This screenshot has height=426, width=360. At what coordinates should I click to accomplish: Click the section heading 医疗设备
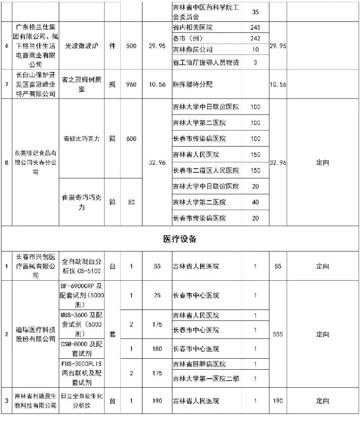[180, 239]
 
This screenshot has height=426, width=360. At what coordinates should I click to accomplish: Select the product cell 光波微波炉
[81, 46]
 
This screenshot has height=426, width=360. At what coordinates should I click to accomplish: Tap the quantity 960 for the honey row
[132, 84]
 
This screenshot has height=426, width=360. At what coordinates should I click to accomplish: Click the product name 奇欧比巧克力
[81, 139]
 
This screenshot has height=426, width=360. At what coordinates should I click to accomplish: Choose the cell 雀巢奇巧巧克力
[81, 203]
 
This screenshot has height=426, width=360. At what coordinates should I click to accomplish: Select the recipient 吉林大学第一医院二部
[204, 378]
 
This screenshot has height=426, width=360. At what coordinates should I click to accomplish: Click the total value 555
[278, 334]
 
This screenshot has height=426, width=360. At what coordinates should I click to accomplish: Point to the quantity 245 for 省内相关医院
[255, 27]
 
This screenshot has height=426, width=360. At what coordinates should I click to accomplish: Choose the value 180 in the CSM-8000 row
[158, 349]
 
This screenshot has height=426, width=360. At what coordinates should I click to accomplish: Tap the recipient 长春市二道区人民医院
[206, 170]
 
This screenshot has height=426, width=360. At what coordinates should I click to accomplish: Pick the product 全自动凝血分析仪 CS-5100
[81, 266]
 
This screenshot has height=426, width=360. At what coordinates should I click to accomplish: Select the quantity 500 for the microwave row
[132, 46]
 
